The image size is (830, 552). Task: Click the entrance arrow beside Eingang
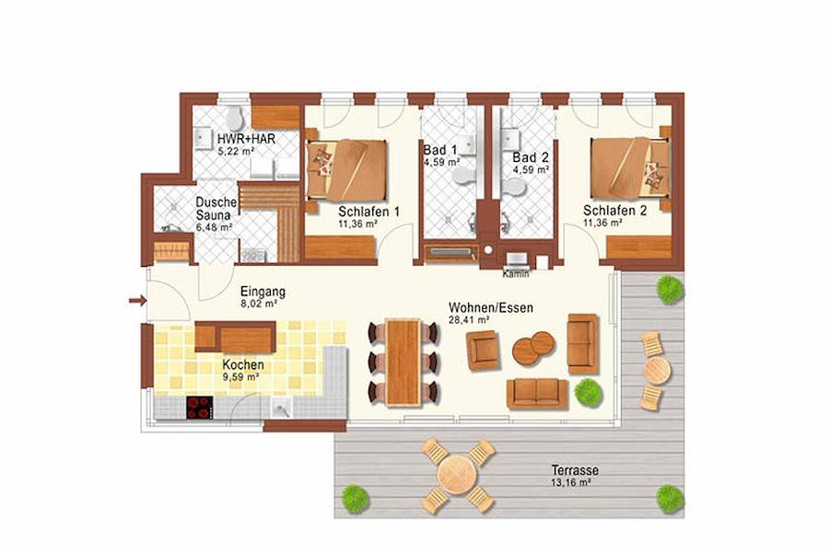[x=136, y=300]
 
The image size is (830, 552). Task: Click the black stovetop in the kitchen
[x=199, y=407]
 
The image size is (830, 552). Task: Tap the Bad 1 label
[x=439, y=150]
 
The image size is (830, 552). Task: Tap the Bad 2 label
[x=531, y=157]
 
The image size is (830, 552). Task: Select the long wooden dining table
[x=402, y=361]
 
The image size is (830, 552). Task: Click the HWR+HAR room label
[x=246, y=139]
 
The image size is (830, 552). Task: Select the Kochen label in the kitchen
[x=241, y=364]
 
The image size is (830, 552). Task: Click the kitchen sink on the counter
[x=281, y=408]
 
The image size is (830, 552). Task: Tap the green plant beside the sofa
[x=586, y=392]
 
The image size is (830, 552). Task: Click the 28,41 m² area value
[x=470, y=319]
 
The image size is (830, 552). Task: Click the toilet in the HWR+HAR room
[x=234, y=118]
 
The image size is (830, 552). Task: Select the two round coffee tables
[x=533, y=348]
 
